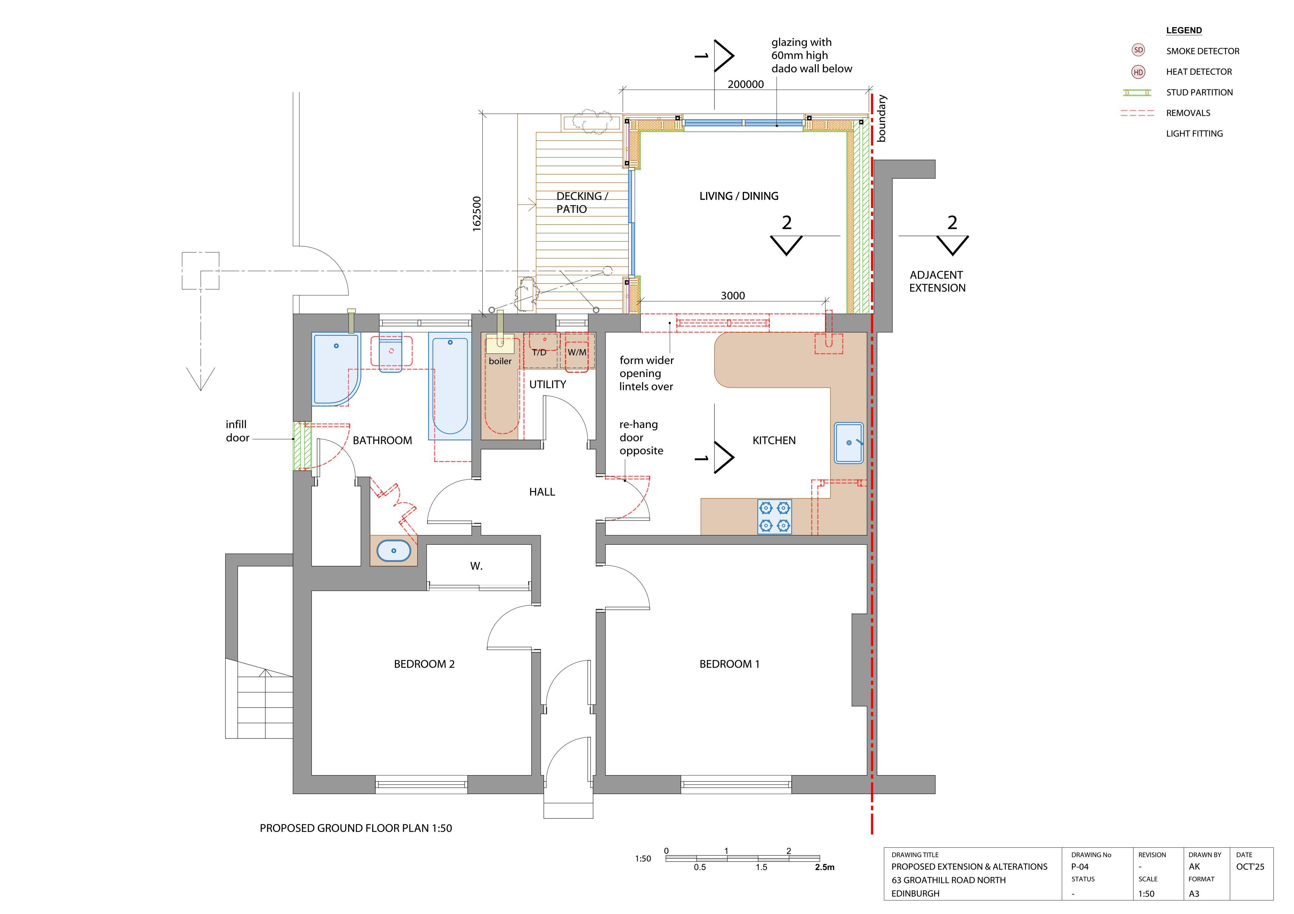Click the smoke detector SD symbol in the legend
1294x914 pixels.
point(1139,50)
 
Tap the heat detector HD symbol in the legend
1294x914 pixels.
point(1139,72)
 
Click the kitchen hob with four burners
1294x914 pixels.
point(774,516)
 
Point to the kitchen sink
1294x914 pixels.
point(849,442)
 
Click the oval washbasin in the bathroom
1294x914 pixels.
point(393,550)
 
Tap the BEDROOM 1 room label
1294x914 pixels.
point(729,664)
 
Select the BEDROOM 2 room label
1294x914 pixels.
point(424,664)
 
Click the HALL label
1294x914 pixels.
point(542,492)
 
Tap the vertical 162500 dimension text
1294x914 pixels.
point(477,214)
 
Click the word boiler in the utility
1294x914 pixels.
point(500,361)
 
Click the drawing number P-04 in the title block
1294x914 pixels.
point(1080,867)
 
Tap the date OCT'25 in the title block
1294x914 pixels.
point(1250,867)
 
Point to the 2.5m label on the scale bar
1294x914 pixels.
point(825,867)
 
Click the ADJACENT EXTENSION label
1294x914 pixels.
point(937,281)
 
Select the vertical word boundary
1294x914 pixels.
point(881,118)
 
